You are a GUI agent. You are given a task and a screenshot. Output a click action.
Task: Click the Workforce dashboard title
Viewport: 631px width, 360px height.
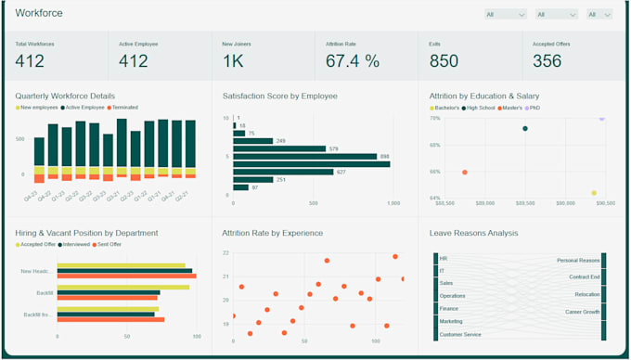coord(39,13)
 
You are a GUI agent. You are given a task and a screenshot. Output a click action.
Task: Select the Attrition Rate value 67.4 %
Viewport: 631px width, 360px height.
coord(353,61)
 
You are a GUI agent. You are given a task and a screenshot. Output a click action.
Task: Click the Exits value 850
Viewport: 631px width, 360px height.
coord(444,61)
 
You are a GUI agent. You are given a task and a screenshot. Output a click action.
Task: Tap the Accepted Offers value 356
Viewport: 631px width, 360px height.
coord(547,61)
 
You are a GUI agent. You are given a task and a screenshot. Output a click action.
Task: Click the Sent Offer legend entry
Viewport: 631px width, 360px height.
coord(109,244)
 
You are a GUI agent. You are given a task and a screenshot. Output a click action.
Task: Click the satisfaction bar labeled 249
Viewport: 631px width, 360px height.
coord(252,141)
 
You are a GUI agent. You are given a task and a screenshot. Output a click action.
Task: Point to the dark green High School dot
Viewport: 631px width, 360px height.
coord(525,129)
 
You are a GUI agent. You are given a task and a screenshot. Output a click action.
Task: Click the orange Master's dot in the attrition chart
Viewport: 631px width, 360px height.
coord(465,172)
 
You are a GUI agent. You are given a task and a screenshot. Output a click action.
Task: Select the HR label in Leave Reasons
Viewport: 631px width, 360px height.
coord(444,258)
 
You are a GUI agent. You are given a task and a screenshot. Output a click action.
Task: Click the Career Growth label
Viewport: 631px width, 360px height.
coord(582,312)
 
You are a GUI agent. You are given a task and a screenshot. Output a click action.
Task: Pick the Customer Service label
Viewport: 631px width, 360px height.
coord(459,334)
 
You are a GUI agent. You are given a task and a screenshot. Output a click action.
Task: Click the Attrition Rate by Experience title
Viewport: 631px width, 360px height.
coord(273,233)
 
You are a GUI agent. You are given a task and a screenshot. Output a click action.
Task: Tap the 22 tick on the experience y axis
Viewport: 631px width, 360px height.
coord(225,252)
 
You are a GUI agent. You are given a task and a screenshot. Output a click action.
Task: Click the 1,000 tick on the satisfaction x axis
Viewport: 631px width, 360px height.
coord(392,202)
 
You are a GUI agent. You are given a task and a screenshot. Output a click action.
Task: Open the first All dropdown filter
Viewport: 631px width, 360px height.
coord(506,14)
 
